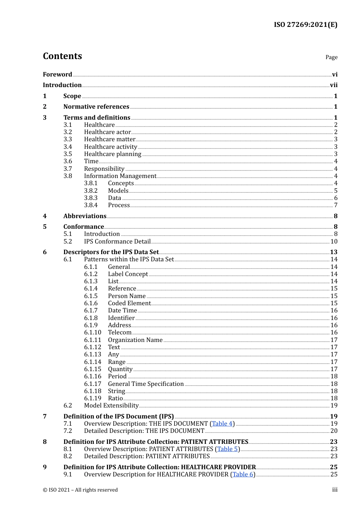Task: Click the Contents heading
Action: pos(62,56)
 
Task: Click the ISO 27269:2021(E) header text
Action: pos(305,25)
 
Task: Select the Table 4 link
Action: pos(222,423)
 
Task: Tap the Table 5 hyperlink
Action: pos(227,449)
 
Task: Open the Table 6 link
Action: pos(243,474)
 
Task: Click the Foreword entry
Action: pos(57,74)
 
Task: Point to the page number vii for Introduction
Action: pos(333,85)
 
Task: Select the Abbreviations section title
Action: pos(85,216)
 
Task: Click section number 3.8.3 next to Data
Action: pos(91,198)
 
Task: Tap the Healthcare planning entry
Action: pos(113,154)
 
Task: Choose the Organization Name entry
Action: pos(135,340)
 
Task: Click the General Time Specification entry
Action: pos(146,384)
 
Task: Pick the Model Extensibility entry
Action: pos(111,405)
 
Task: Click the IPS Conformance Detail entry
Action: pos(117,241)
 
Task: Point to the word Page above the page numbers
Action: pos(331,57)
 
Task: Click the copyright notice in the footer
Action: pos(80,490)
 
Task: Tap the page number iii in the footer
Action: pos(335,490)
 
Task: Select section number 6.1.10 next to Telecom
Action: pos(92,332)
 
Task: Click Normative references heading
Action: pos(96,106)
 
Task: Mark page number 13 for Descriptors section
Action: pos(333,252)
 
